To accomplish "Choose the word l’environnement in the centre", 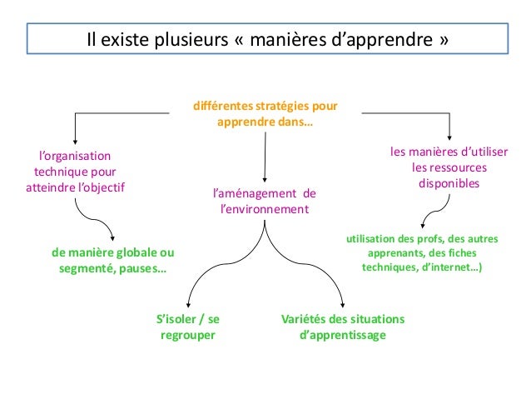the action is click(264, 209).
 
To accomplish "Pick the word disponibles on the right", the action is click(449, 183).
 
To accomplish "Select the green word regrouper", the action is click(187, 336).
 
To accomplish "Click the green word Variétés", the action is click(302, 320).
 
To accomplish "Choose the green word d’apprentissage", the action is click(342, 336).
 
